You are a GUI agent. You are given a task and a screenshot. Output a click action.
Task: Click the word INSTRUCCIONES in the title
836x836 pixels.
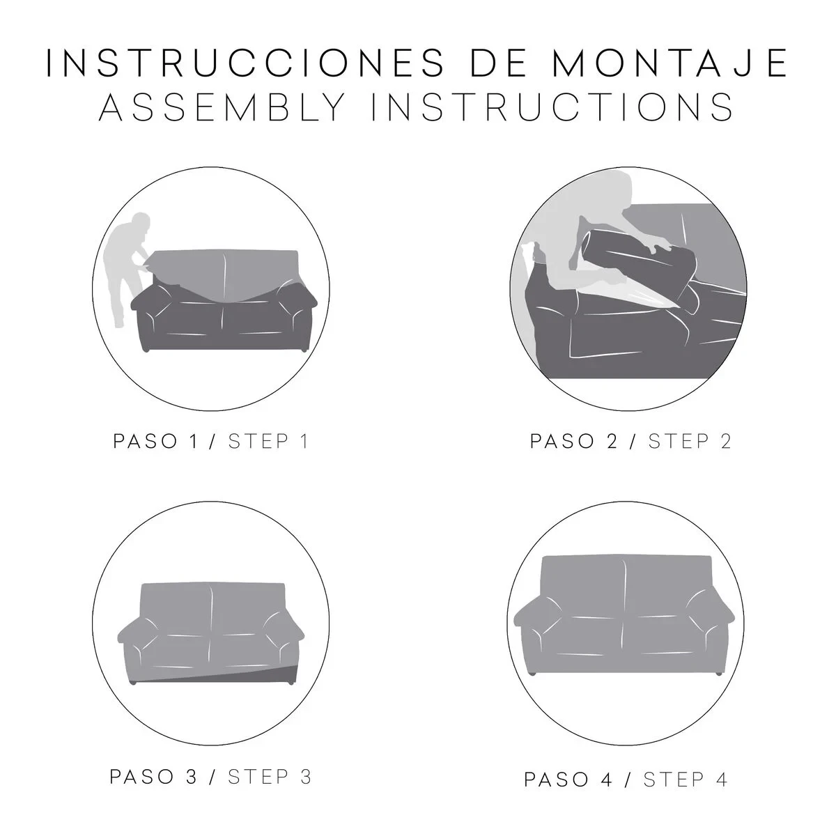tap(242, 63)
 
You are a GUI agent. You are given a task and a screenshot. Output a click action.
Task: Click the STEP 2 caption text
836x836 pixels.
tap(690, 442)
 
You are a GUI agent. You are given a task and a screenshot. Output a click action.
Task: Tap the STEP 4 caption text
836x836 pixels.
tap(686, 761)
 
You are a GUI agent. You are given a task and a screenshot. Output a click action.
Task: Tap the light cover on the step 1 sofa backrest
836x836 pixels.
tap(223, 272)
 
